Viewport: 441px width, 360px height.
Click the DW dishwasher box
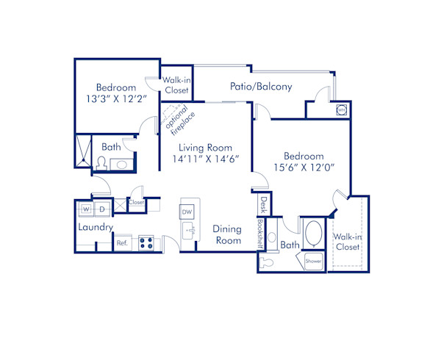(187, 212)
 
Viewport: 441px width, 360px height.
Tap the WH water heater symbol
(342, 109)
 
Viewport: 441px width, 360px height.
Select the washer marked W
(86, 209)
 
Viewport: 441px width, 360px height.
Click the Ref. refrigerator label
(122, 242)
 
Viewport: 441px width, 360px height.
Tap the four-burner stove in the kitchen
(145, 242)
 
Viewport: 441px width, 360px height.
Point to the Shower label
(313, 260)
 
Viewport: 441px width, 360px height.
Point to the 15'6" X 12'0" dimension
(304, 167)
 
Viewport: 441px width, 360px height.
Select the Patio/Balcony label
(262, 86)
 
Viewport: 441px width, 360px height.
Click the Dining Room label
(227, 235)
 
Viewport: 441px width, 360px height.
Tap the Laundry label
(96, 227)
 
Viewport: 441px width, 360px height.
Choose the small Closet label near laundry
(137, 202)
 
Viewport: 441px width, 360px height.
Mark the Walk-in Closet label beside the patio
(176, 85)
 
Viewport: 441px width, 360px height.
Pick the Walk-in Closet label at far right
(347, 242)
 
